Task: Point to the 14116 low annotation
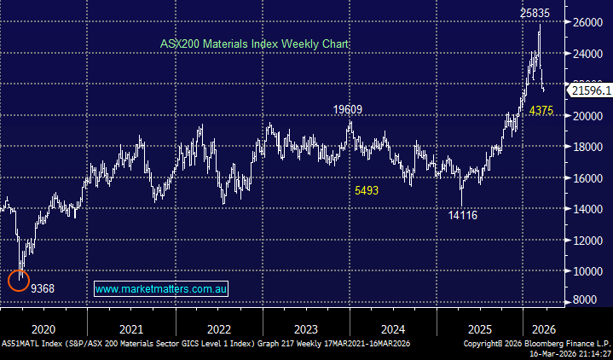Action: [463, 216]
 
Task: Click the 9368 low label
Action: [43, 289]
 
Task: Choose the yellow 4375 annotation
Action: [542, 111]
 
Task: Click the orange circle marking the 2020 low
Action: [19, 279]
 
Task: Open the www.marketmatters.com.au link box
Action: [161, 289]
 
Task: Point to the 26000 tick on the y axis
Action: [587, 23]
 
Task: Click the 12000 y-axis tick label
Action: [587, 241]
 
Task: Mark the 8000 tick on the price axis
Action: [587, 300]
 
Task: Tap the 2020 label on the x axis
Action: [43, 329]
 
